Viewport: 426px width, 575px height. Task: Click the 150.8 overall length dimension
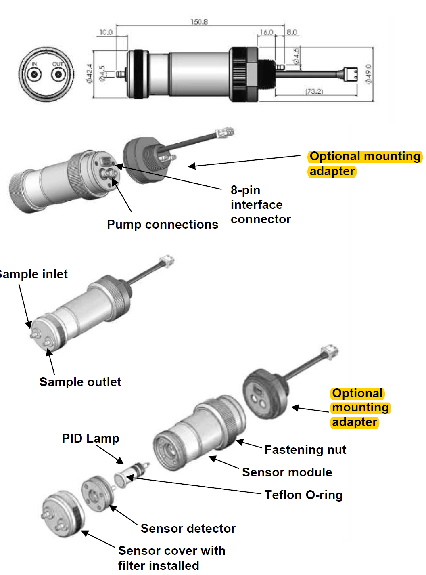199,22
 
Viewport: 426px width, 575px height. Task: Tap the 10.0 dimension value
106,32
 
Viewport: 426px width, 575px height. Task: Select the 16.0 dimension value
266,32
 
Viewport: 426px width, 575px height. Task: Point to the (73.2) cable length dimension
314,92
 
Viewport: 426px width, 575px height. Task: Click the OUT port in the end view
58,74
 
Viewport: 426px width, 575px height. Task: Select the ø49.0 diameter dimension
368,74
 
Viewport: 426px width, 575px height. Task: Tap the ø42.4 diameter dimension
89,73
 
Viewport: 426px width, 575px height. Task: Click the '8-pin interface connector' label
260,205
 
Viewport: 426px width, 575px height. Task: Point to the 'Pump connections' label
162,225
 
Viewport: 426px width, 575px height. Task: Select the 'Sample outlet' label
80,382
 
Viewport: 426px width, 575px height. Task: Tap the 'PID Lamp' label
90,439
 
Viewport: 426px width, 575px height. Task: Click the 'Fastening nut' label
305,450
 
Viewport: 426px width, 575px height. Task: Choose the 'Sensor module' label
287,472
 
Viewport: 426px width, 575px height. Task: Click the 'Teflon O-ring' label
303,495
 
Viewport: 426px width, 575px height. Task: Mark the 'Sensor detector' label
188,529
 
